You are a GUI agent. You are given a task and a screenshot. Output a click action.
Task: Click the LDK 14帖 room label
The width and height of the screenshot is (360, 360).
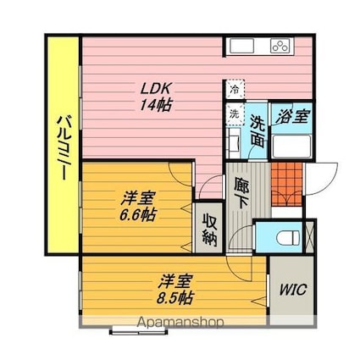pyautogui.click(x=156, y=97)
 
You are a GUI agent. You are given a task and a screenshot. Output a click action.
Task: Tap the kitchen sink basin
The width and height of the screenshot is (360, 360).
pyautogui.click(x=241, y=46)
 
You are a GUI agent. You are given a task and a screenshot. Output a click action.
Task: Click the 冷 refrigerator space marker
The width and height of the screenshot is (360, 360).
pyautogui.click(x=235, y=89)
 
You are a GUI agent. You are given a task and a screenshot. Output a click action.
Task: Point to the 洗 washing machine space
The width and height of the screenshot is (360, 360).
pyautogui.click(x=235, y=114)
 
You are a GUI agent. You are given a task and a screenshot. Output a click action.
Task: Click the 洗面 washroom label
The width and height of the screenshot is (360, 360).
pyautogui.click(x=258, y=131)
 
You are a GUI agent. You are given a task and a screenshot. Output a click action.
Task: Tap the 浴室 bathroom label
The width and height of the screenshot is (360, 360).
pyautogui.click(x=291, y=116)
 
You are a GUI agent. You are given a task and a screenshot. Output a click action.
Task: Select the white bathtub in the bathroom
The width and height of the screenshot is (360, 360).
pyautogui.click(x=292, y=146)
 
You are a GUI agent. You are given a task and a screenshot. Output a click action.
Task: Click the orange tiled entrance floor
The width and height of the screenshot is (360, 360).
pyautogui.click(x=286, y=185)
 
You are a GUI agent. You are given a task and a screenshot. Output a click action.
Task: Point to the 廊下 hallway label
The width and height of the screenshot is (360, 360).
pyautogui.click(x=241, y=193)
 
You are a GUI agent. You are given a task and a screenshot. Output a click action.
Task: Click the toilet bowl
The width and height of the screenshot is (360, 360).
pyautogui.click(x=288, y=237)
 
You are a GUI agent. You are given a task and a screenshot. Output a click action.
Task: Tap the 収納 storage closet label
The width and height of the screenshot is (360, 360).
pyautogui.click(x=210, y=231)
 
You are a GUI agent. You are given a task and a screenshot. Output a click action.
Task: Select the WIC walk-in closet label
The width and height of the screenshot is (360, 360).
pyautogui.click(x=293, y=290)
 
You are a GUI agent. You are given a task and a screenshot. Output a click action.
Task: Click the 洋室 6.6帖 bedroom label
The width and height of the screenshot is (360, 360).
pyautogui.click(x=137, y=206)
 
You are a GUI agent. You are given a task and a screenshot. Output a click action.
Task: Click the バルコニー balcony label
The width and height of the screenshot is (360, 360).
pyautogui.click(x=64, y=147)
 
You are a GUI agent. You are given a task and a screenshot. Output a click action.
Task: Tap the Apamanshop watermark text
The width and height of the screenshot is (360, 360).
pyautogui.click(x=180, y=323)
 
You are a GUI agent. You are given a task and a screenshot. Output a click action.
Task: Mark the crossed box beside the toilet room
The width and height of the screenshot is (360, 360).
pyautogui.click(x=309, y=237)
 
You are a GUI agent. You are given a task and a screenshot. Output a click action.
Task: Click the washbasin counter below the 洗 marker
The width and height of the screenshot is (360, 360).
pyautogui.click(x=234, y=142)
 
